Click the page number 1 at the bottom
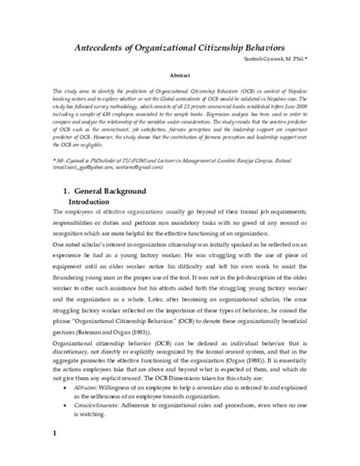pos(34,455)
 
